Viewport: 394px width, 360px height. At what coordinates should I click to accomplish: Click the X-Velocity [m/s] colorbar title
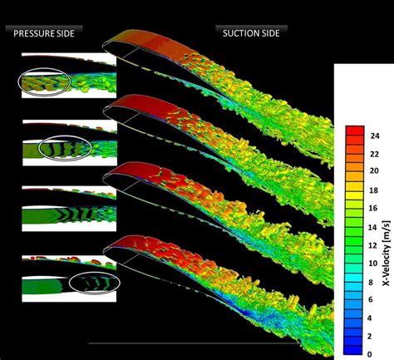387,241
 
